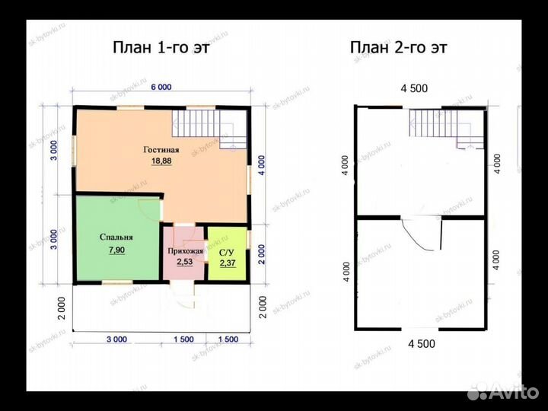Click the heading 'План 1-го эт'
(161, 47)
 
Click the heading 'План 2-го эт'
(398, 47)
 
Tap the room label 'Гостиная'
(161, 150)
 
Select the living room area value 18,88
(161, 161)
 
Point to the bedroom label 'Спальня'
(116, 237)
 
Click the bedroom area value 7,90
(116, 250)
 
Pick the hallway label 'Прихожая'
(185, 251)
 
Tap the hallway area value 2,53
(184, 262)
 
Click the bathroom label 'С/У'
(227, 253)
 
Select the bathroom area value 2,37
(228, 263)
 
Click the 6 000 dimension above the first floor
(161, 87)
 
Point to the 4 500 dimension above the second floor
(414, 88)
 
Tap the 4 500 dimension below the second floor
(422, 344)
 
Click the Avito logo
(503, 392)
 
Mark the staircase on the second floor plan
(447, 129)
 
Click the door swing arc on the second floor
(416, 236)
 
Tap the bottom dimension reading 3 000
(116, 339)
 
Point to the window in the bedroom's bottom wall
(117, 282)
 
